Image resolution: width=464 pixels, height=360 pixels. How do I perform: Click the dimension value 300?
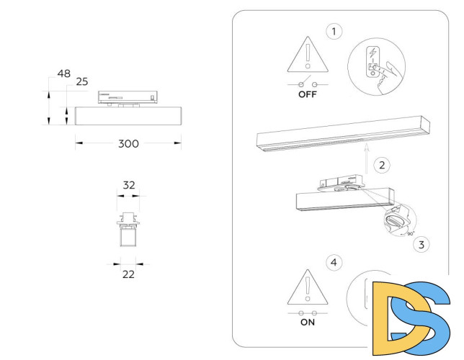pos(128,143)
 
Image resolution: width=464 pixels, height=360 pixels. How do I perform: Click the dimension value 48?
pos(63,73)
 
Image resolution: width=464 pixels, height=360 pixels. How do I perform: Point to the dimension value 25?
pos(81,82)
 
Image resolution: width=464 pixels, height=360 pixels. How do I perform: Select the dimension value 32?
pos(129,185)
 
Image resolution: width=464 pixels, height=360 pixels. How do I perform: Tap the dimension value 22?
pos(128,274)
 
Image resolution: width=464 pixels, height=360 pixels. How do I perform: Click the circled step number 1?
pos(333,31)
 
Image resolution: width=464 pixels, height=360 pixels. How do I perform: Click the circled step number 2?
pos(383,165)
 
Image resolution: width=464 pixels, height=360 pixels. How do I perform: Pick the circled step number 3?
pos(421,244)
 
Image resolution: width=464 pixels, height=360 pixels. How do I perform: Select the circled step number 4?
pos(332,262)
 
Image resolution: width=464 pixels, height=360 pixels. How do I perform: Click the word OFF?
pos(307,94)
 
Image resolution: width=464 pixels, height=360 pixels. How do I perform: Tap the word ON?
pos(308,323)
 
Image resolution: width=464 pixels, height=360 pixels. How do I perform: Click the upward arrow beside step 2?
pos(366,158)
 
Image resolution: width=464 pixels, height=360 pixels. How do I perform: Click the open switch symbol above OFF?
pos(307,82)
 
